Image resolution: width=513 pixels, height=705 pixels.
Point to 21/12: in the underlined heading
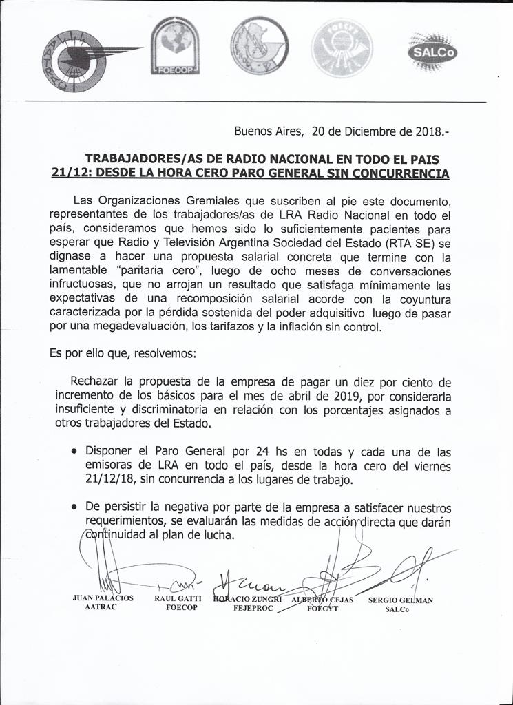[71, 174]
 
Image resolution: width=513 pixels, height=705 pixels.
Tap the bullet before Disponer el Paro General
[74, 452]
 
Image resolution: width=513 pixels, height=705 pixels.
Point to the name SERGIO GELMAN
[400, 600]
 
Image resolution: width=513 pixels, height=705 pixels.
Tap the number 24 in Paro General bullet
[262, 452]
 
